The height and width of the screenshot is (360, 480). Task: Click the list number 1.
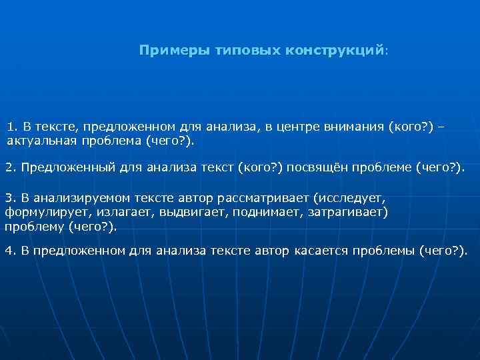pos(11,127)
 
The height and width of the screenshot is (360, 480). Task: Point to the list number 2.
pos(9,167)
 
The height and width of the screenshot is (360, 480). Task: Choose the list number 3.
pos(9,199)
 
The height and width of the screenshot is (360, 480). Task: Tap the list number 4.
pos(9,250)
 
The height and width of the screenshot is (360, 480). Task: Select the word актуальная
pos(39,141)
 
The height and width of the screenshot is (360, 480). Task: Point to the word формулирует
pos(39,213)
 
